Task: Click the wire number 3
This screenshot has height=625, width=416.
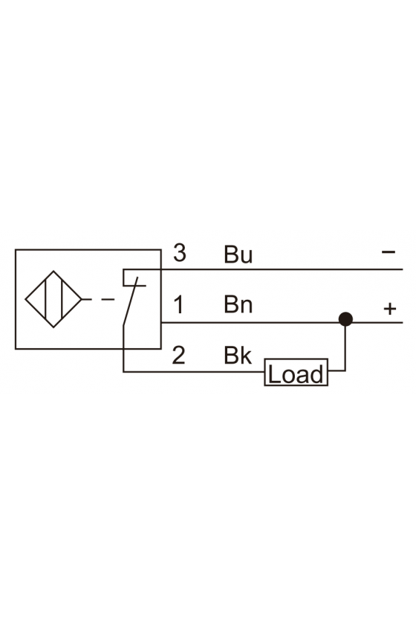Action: (180, 253)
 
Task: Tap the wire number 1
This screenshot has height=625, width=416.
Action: (179, 304)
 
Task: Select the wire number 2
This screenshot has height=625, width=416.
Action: (179, 355)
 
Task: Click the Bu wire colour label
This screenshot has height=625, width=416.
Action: (238, 254)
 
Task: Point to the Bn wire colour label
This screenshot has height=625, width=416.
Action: (238, 304)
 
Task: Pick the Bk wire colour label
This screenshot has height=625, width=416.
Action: (238, 355)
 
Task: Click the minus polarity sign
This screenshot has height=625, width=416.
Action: (388, 252)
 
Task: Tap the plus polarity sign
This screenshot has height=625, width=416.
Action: (390, 309)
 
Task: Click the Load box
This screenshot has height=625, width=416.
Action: (296, 372)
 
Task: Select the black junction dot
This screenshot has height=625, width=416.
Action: (345, 319)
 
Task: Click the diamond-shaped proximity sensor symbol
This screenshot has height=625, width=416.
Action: (53, 299)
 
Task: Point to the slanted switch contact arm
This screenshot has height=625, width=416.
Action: (130, 302)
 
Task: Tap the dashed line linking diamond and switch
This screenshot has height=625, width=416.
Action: (98, 299)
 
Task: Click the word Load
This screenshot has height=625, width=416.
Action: (296, 375)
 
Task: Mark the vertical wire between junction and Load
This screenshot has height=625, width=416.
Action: (345, 345)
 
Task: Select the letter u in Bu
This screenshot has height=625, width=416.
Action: (247, 256)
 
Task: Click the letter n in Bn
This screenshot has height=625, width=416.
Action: (247, 307)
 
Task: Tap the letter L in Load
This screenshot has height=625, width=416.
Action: (273, 375)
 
